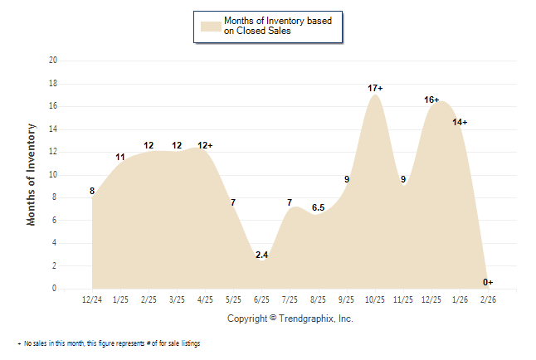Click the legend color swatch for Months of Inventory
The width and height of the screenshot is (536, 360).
pyautogui.click(x=211, y=26)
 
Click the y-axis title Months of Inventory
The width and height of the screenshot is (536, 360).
pyautogui.click(x=32, y=174)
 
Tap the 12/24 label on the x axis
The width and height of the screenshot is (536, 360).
pyautogui.click(x=92, y=299)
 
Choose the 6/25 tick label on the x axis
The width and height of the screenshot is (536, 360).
pyautogui.click(x=261, y=299)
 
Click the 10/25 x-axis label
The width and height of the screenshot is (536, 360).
pyautogui.click(x=375, y=299)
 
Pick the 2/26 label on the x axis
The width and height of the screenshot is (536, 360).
pyautogui.click(x=488, y=299)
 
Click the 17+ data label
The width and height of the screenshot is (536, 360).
pyautogui.click(x=375, y=88)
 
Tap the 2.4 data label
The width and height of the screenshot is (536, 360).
pyautogui.click(x=261, y=255)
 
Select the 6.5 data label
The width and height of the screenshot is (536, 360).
pyautogui.click(x=318, y=207)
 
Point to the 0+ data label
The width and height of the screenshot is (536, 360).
pyautogui.click(x=488, y=282)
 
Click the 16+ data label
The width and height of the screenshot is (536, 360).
pyautogui.click(x=431, y=100)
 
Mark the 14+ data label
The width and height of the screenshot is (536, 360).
pyautogui.click(x=460, y=122)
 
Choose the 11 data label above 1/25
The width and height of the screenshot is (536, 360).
pyautogui.click(x=120, y=157)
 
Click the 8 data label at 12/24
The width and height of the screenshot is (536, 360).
pyautogui.click(x=92, y=192)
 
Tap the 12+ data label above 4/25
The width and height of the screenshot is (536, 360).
pyautogui.click(x=205, y=145)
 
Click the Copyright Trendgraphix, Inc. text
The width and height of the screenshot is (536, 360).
pyautogui.click(x=290, y=319)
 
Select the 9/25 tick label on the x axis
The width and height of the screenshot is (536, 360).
pyautogui.click(x=347, y=299)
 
